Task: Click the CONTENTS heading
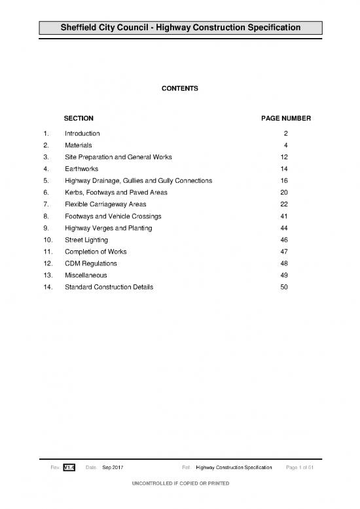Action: [x=180, y=88]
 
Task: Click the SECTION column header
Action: [x=79, y=119]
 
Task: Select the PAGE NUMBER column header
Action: [x=286, y=119]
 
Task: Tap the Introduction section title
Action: [x=82, y=133]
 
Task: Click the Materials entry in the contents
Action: [x=78, y=145]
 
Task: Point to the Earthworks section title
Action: [x=81, y=168]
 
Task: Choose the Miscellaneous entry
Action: [x=86, y=275]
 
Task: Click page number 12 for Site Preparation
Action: [x=284, y=157]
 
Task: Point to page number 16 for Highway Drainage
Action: [x=284, y=180]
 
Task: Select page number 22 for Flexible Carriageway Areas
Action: [x=284, y=204]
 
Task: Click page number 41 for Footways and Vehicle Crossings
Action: [x=284, y=216]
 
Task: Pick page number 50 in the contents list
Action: [x=284, y=287]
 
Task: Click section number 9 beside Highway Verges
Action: [x=45, y=228]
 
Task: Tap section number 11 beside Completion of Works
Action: [x=46, y=252]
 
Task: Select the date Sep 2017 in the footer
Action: [x=113, y=466]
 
